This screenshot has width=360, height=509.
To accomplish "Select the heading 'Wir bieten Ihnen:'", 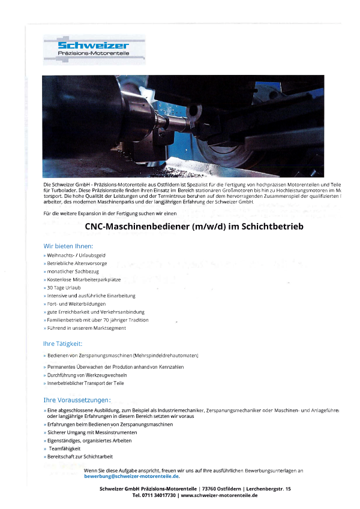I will click(68, 246).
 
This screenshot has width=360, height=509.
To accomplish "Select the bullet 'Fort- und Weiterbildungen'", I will click(76, 304).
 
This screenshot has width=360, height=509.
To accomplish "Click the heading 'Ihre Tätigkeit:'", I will click(62, 344).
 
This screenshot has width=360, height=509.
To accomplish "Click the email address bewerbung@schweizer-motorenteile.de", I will click(131, 477).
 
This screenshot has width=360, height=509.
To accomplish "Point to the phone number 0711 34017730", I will click(154, 496).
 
